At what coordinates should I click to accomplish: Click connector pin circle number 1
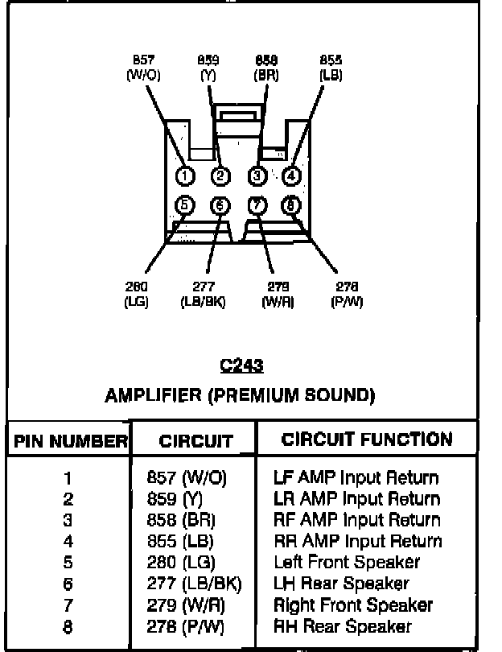click(x=184, y=176)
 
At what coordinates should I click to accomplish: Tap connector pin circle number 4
click(x=291, y=175)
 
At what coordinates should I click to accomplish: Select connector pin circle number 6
click(x=220, y=205)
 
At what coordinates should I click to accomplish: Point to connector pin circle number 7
click(x=257, y=205)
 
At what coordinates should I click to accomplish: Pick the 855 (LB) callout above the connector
click(x=331, y=67)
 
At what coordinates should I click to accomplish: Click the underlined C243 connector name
click(x=241, y=366)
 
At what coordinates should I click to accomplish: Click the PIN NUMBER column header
click(x=69, y=441)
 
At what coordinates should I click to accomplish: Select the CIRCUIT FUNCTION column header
click(x=367, y=439)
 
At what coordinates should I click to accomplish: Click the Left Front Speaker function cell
click(x=347, y=562)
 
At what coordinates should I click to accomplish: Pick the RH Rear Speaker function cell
click(x=343, y=626)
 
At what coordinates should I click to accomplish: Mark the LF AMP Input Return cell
click(x=356, y=477)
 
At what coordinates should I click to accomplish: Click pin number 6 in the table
click(x=68, y=584)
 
